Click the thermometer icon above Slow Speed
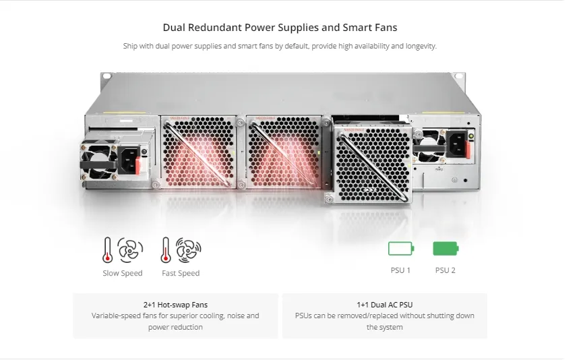pyautogui.click(x=107, y=249)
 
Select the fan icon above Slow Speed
pyautogui.click(x=130, y=249)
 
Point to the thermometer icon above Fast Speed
pyautogui.click(x=166, y=249)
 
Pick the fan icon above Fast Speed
pyautogui.click(x=189, y=249)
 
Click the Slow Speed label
pyautogui.click(x=122, y=273)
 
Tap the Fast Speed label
pyautogui.click(x=181, y=273)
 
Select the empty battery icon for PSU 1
pyautogui.click(x=400, y=248)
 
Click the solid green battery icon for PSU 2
pyautogui.click(x=446, y=248)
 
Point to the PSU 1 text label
pyautogui.click(x=400, y=270)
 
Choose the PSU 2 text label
pyautogui.click(x=446, y=270)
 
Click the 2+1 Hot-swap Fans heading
pyautogui.click(x=175, y=305)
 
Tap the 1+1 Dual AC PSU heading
pyautogui.click(x=385, y=305)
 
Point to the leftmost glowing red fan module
pyautogui.click(x=197, y=152)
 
